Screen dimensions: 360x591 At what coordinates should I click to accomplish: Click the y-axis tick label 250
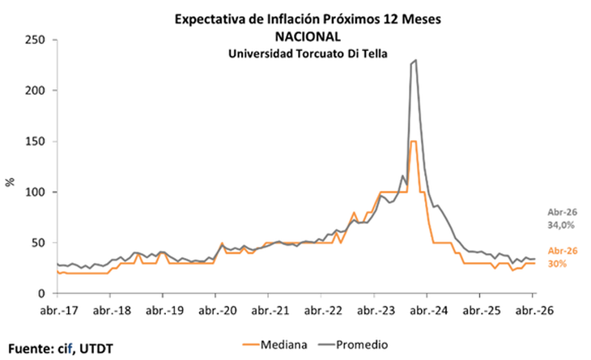point(33,39)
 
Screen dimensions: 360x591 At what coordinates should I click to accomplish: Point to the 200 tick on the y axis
point(33,90)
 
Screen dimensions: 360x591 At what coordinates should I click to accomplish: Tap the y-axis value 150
point(33,141)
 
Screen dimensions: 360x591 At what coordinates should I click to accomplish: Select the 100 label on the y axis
point(33,192)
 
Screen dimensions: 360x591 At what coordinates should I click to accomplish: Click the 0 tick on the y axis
point(40,294)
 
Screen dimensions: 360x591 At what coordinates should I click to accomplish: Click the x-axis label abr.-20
point(215,310)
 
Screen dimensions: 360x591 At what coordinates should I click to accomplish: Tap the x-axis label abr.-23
point(374,310)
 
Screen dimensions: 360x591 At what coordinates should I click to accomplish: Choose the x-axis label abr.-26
point(532,310)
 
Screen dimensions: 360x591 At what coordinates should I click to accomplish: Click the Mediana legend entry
point(275,345)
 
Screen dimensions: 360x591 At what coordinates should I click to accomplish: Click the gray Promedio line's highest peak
point(415,60)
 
